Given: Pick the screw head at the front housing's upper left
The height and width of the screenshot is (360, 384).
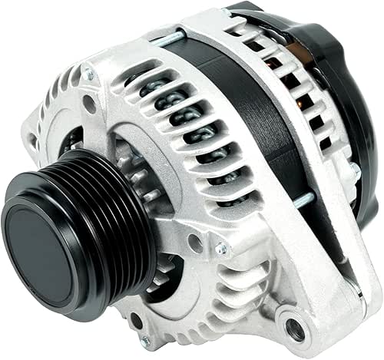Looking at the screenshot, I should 88,74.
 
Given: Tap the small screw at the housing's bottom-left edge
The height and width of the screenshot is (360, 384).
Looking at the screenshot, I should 145,339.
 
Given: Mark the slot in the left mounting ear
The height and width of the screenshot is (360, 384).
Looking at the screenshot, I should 31,143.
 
